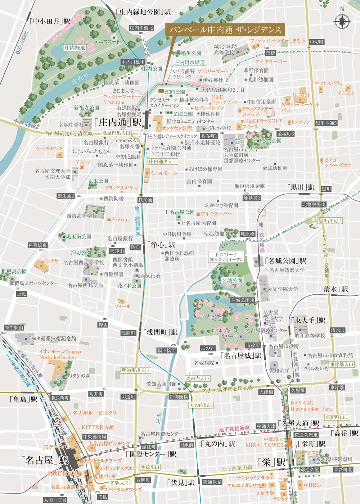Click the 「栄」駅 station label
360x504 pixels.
click(271, 462)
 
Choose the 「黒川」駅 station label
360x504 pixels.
click(301, 187)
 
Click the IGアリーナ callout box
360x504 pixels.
click(228, 257)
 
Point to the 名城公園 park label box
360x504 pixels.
click(232, 280)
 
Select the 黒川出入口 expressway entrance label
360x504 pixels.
click(330, 221)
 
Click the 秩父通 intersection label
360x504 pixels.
click(145, 199)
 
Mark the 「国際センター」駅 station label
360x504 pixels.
click(151, 454)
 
